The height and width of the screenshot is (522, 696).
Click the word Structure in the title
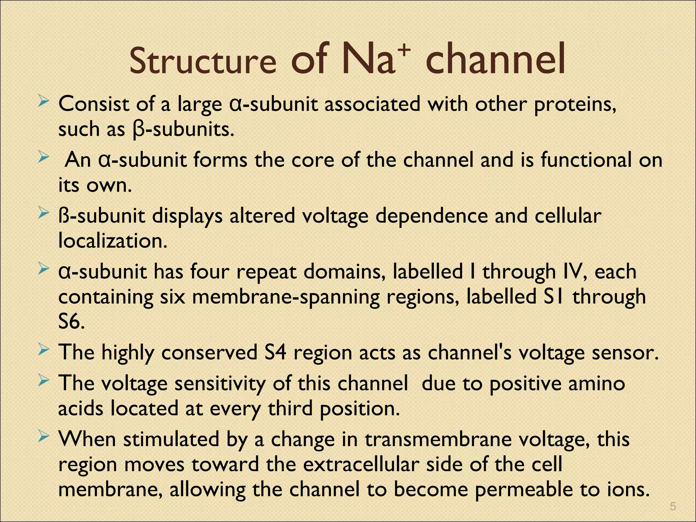click(203, 61)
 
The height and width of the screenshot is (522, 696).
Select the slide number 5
click(673, 507)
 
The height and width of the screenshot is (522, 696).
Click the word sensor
click(625, 352)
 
